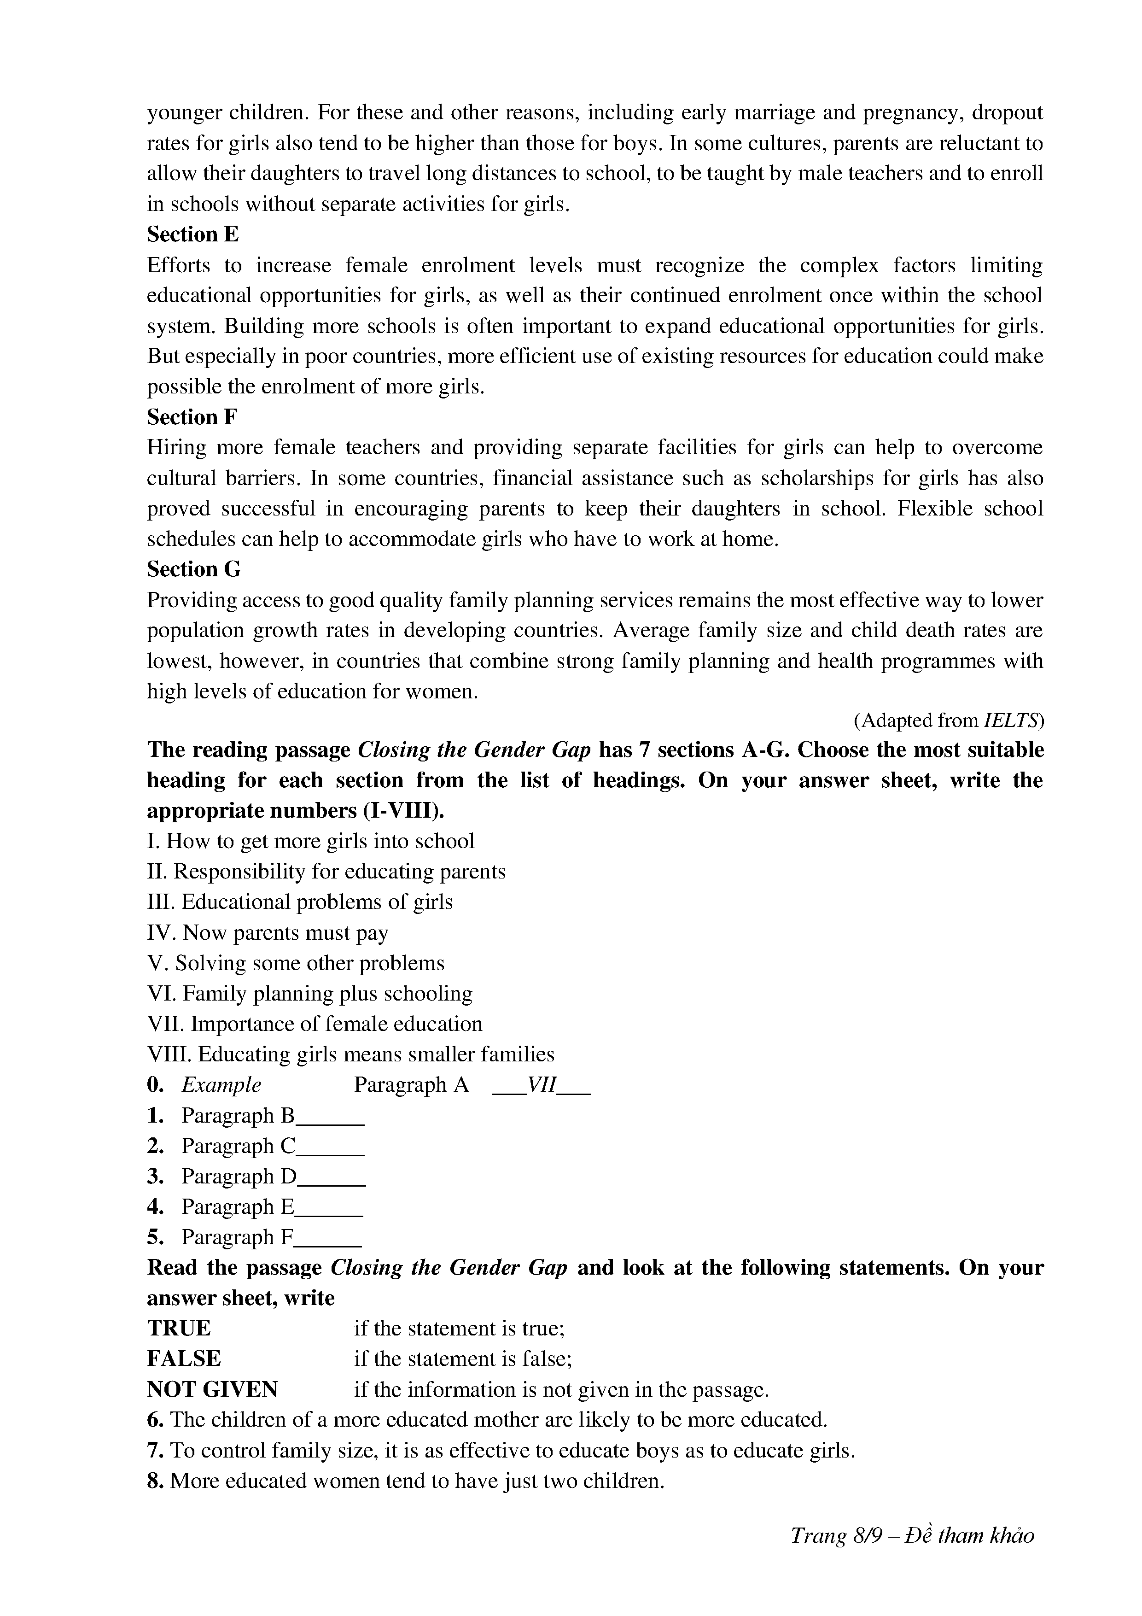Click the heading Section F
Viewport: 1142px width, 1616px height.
(x=192, y=417)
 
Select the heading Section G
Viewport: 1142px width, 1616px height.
(x=193, y=569)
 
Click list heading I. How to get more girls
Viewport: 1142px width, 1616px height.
(x=310, y=841)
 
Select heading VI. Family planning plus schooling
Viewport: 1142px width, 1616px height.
(x=309, y=993)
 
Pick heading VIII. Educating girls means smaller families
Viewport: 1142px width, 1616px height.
(x=350, y=1054)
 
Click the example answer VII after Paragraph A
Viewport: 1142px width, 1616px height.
(x=542, y=1084)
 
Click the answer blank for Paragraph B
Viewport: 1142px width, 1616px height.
(x=331, y=1117)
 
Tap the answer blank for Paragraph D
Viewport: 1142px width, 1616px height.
(x=332, y=1177)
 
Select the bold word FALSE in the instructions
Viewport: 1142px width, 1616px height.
(x=184, y=1358)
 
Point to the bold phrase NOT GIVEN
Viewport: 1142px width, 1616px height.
(x=212, y=1389)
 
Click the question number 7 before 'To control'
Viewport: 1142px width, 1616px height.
(x=156, y=1451)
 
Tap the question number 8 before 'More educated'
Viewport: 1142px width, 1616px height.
(x=156, y=1481)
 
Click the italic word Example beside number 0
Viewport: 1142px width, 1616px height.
(x=221, y=1084)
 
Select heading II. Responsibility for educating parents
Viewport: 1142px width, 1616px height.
(x=326, y=872)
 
